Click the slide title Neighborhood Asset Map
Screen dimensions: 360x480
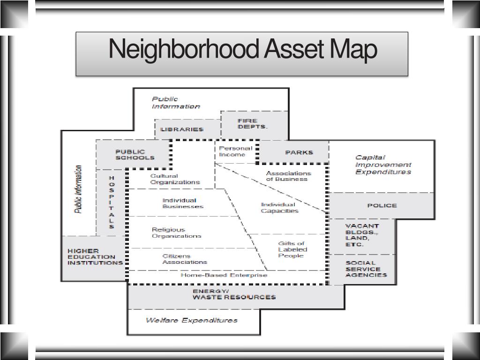pyautogui.click(x=242, y=50)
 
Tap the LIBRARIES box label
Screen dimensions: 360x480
pyautogui.click(x=182, y=129)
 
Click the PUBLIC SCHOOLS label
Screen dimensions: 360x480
pyautogui.click(x=131, y=155)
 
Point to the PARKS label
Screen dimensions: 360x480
pyautogui.click(x=299, y=152)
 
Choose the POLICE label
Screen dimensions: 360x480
pyautogui.click(x=382, y=205)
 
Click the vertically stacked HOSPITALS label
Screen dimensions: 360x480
pyautogui.click(x=112, y=202)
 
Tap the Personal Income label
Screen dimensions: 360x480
pyautogui.click(x=235, y=151)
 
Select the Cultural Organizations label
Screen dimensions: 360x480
pyautogui.click(x=175, y=179)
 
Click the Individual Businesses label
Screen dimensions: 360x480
pyautogui.click(x=183, y=203)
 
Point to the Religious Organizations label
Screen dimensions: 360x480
pyautogui.click(x=176, y=233)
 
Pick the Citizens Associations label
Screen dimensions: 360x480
pyautogui.click(x=185, y=259)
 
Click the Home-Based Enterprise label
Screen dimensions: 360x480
pyautogui.click(x=224, y=275)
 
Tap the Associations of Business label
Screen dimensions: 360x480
pyautogui.click(x=288, y=176)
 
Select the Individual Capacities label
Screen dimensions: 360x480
pyautogui.click(x=279, y=208)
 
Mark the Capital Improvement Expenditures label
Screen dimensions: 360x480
pyautogui.click(x=383, y=165)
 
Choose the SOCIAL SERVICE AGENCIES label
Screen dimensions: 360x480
pyautogui.click(x=366, y=269)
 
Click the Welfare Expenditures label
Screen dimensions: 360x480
pyautogui.click(x=191, y=320)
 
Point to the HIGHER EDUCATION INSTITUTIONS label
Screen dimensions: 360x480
pyautogui.click(x=95, y=257)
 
